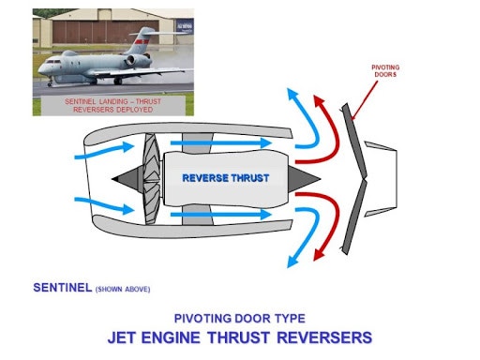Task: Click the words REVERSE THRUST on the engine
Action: click(x=225, y=177)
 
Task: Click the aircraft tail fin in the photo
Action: click(x=141, y=41)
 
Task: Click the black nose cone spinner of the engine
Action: click(x=124, y=178)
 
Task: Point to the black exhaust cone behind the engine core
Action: click(x=308, y=178)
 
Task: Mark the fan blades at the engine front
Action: click(x=150, y=178)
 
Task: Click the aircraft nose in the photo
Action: click(x=41, y=69)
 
